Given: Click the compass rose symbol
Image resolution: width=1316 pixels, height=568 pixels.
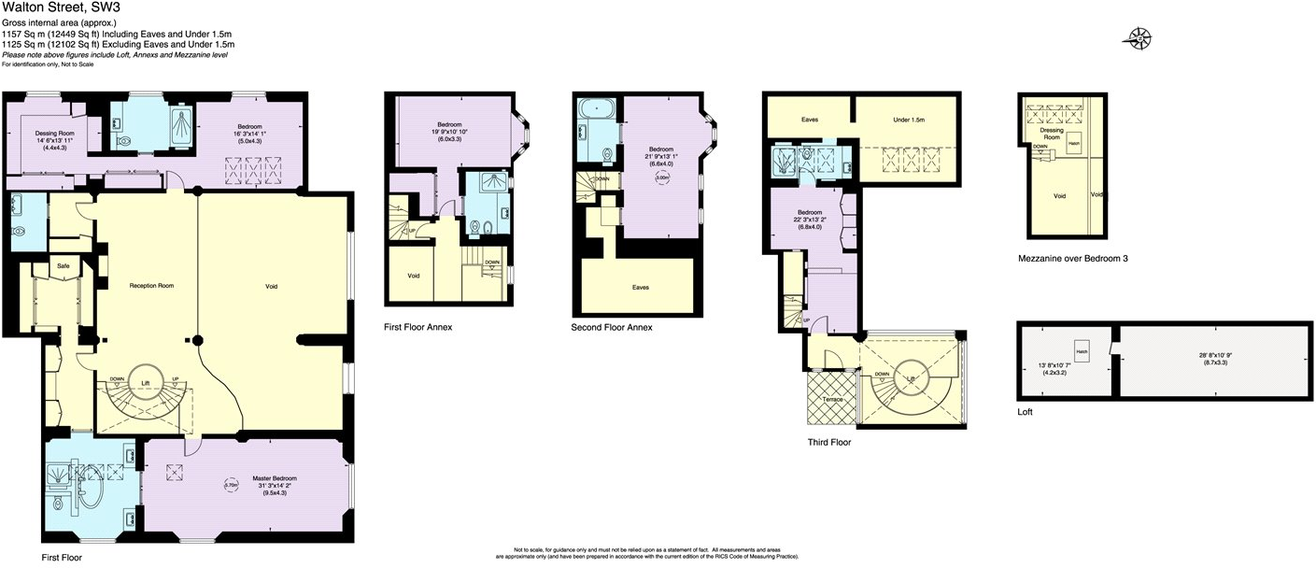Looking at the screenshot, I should tap(1139, 38).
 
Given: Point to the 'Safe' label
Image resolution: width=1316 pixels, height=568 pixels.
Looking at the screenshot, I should tap(63, 266).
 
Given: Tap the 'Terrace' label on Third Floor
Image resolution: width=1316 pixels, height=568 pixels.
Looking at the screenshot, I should tap(832, 400).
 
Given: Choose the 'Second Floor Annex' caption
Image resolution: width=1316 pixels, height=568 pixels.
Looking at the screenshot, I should tap(612, 327).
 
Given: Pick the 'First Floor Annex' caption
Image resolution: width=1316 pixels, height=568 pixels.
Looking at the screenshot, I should tap(418, 327).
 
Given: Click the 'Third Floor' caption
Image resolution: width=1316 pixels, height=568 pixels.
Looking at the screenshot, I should tap(829, 442).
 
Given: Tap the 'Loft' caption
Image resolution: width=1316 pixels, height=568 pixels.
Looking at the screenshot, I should tap(1026, 411).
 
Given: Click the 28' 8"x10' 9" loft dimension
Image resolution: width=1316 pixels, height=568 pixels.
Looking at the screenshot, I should tap(1214, 359).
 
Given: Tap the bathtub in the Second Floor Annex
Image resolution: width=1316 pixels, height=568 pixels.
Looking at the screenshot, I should tap(595, 109).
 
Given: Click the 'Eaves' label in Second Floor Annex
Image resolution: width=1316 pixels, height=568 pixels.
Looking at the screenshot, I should tap(640, 287).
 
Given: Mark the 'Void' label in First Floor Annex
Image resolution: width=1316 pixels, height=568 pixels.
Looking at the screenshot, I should tap(413, 276).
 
